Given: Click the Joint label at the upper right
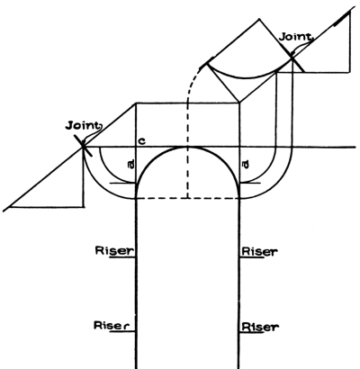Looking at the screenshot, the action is tap(295, 37).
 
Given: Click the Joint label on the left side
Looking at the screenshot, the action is tap(83, 125).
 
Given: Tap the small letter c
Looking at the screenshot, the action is tap(143, 141).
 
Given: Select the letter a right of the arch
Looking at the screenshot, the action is tap(245, 165).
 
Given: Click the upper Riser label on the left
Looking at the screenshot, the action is tap(114, 251).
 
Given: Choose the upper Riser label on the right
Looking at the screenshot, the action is tap(260, 251).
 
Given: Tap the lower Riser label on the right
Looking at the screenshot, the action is tap(260, 327).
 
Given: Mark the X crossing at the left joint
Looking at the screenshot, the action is tap(83, 147).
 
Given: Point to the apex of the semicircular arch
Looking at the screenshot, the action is tap(188, 147).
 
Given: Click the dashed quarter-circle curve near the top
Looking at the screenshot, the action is tap(191, 83).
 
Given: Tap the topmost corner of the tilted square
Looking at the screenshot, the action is tap(259, 19).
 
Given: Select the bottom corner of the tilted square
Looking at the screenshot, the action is tap(239, 102).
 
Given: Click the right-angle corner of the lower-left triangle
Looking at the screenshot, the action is tap(84, 207).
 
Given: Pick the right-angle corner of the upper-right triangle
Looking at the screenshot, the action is tap(349, 72).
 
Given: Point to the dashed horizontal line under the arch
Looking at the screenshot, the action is tap(188, 198).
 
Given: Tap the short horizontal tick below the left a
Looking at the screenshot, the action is tap(123, 183).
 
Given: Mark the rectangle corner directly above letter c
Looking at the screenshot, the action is tap(137, 103).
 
